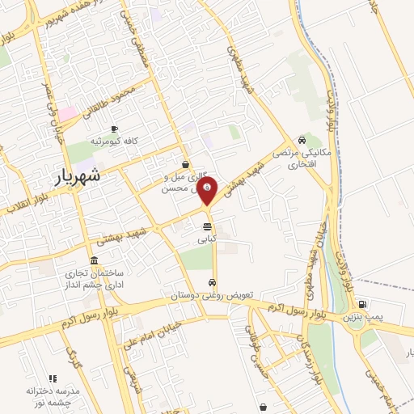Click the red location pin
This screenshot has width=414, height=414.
208,191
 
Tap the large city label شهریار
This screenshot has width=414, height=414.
80,176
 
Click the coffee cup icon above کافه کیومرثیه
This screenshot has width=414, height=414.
114,129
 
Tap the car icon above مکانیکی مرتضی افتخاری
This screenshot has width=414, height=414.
302,139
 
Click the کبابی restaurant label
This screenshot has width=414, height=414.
207,240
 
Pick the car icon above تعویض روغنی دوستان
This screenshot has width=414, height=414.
212,283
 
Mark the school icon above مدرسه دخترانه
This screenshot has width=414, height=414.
53,378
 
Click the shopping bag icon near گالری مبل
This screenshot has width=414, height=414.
186,163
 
